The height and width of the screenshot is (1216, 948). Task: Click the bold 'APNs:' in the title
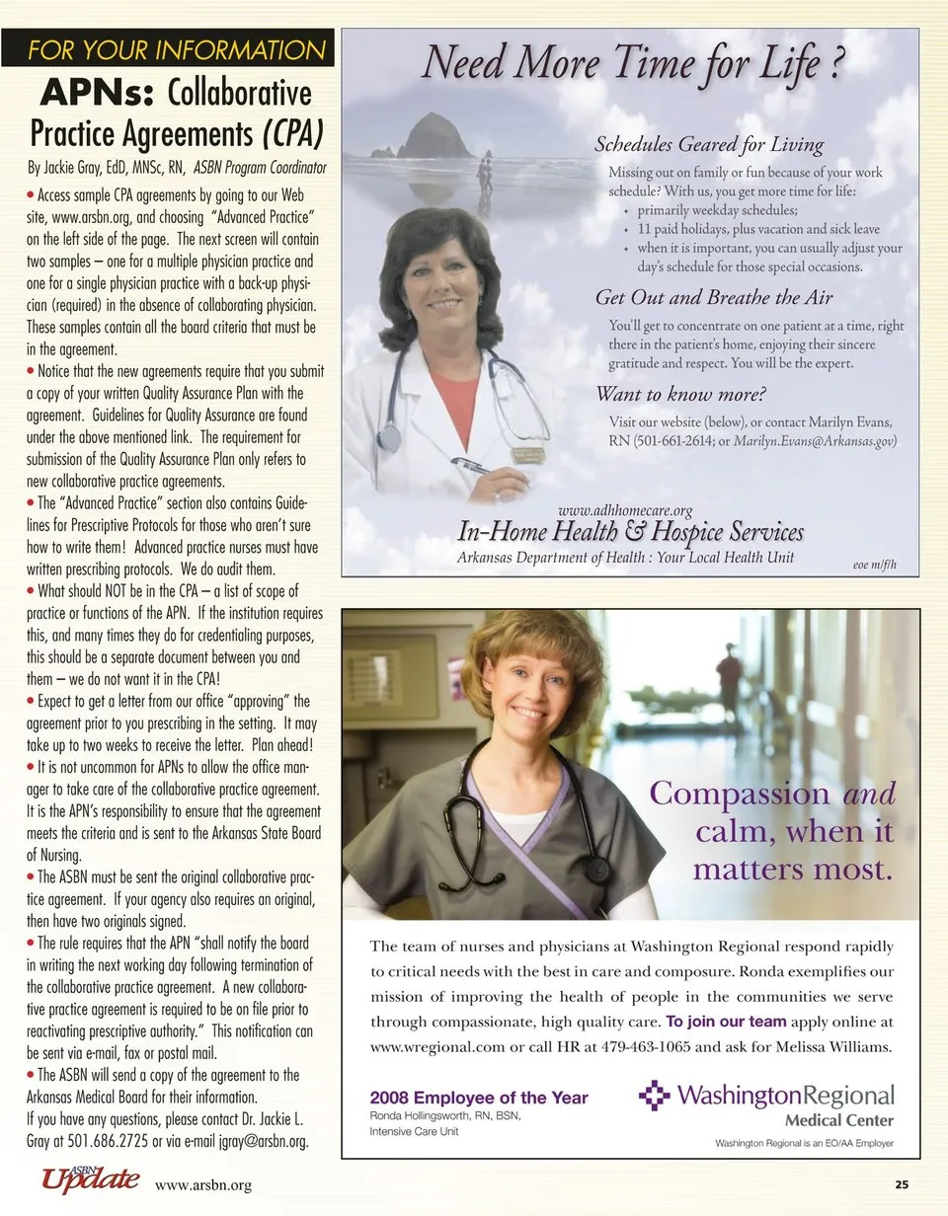point(97,93)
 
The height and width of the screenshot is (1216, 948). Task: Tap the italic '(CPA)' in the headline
point(292,132)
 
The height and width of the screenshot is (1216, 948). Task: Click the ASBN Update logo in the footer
point(90,1180)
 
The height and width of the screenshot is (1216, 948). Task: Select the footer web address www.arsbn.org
point(202,1185)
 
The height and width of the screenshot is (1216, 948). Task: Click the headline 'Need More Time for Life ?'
point(633,62)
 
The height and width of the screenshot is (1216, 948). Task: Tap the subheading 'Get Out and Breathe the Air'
point(714,297)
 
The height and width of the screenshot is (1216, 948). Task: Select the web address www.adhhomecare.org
point(625,510)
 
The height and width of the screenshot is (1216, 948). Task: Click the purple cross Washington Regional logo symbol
point(654,1095)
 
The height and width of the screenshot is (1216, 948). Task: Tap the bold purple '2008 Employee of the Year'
point(479,1098)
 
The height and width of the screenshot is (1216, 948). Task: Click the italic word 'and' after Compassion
point(869,794)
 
